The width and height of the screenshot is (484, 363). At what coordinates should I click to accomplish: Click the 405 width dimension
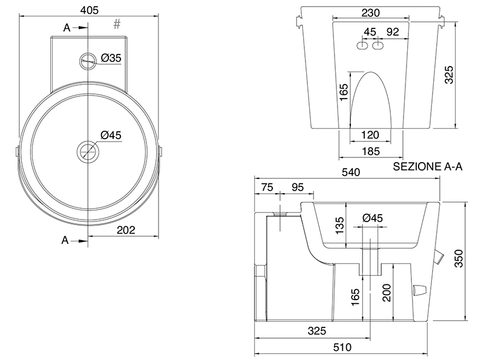click(89, 10)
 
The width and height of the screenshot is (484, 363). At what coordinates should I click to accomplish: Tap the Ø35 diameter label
click(111, 57)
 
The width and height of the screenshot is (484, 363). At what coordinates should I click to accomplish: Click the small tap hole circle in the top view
click(88, 61)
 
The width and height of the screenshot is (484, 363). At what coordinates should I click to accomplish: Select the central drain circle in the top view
click(88, 152)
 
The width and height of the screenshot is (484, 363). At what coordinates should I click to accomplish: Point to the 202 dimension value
click(126, 230)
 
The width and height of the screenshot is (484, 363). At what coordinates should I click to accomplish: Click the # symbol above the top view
click(117, 24)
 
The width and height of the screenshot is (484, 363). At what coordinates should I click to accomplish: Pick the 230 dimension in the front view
click(370, 13)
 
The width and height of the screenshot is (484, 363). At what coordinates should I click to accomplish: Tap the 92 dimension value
click(393, 32)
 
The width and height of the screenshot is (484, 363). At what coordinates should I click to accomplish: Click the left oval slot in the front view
click(362, 46)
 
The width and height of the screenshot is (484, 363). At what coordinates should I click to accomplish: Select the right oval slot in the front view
click(378, 46)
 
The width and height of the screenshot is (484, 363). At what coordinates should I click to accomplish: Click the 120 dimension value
click(370, 135)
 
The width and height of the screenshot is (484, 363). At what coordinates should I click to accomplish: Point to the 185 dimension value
click(370, 151)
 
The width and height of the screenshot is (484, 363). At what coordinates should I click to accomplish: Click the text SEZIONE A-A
click(428, 167)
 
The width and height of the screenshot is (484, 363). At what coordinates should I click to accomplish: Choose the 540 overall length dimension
click(351, 172)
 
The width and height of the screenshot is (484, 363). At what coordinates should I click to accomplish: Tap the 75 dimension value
click(267, 187)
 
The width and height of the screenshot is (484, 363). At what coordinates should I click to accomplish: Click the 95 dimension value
click(298, 187)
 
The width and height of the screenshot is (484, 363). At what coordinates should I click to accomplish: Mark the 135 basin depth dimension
click(339, 226)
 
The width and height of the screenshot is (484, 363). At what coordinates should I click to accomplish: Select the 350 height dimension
click(459, 258)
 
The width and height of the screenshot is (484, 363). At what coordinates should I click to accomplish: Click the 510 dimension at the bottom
click(342, 347)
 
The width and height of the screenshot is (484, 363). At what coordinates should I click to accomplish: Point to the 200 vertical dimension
click(387, 293)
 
